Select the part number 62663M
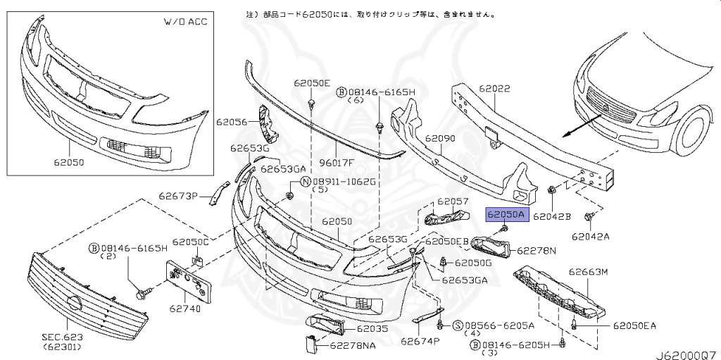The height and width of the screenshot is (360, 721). pos(588,272)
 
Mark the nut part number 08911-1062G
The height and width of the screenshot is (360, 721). pos(343,181)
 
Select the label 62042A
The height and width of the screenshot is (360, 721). pos(590,237)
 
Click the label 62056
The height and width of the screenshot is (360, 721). pos(233,122)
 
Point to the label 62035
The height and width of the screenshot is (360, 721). pos(372,328)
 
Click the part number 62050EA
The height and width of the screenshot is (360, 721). pos(634,325)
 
